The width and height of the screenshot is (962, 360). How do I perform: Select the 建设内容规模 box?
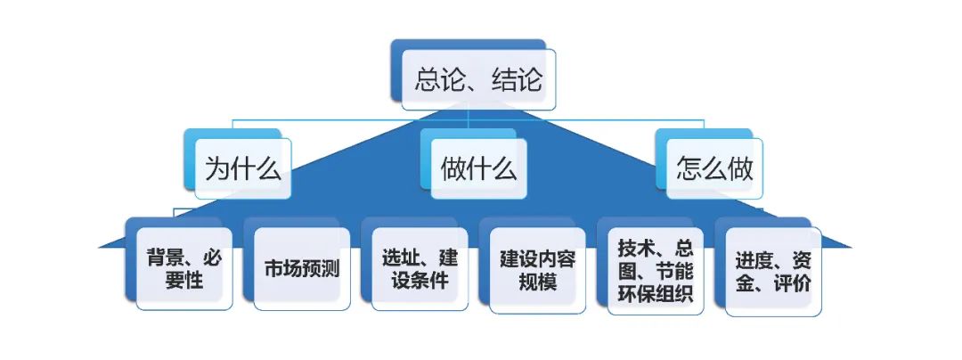pos(536,270)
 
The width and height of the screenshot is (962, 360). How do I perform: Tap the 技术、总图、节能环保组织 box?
pos(655,270)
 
